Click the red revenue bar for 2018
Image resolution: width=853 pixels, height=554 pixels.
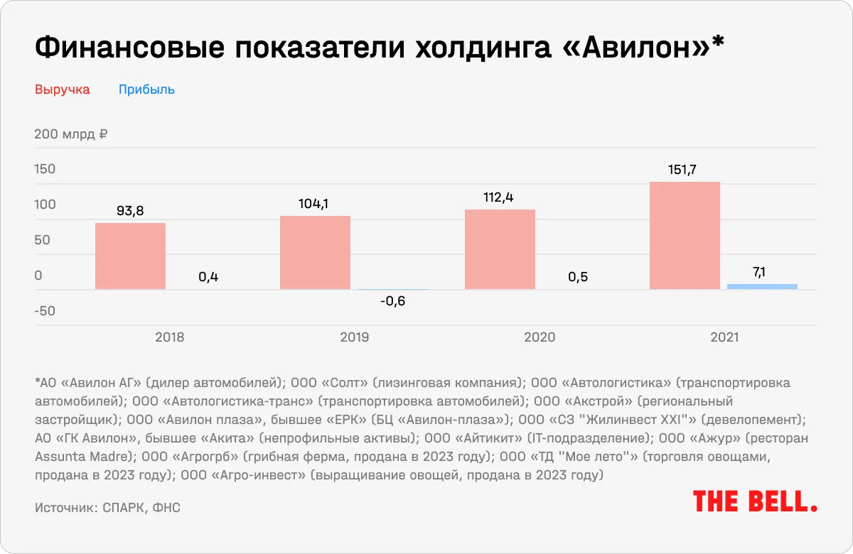(130, 256)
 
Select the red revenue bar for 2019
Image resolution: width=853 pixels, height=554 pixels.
(315, 252)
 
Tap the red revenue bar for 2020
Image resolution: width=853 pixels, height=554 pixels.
(500, 249)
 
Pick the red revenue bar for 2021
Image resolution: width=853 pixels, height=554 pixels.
(685, 236)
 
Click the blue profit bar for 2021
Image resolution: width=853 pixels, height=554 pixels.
(762, 286)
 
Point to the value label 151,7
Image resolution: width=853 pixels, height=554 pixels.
(685, 170)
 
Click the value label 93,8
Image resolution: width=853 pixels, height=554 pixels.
(130, 211)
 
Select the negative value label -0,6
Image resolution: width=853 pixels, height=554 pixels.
(392, 301)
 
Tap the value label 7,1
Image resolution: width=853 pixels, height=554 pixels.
(762, 271)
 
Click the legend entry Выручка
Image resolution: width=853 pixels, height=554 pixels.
(63, 89)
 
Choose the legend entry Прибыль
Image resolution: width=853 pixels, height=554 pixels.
(146, 89)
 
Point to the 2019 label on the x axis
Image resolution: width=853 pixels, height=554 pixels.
(354, 337)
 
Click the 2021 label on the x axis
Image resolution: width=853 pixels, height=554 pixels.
(724, 337)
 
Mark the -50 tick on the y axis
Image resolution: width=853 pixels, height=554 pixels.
(45, 311)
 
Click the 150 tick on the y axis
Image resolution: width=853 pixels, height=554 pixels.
(45, 169)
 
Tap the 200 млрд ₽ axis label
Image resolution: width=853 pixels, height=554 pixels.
(70, 134)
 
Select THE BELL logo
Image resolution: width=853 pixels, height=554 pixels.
(755, 501)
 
